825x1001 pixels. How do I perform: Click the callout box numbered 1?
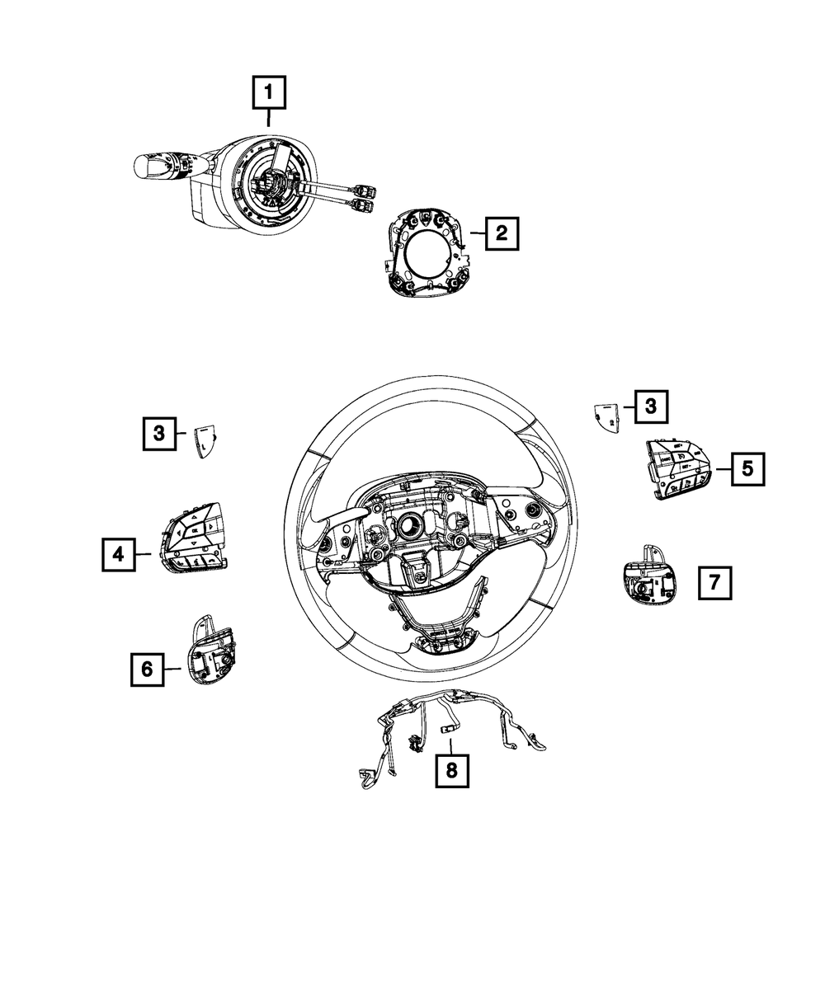[270, 93]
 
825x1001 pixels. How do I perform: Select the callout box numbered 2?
[501, 233]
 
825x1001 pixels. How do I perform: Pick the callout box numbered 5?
[747, 468]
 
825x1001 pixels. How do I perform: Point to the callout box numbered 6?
[147, 669]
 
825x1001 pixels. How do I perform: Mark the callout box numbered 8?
[451, 771]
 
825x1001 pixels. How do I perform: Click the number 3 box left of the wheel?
[158, 431]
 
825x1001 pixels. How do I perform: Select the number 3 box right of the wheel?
[651, 406]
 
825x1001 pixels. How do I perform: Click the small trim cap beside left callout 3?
[205, 440]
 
